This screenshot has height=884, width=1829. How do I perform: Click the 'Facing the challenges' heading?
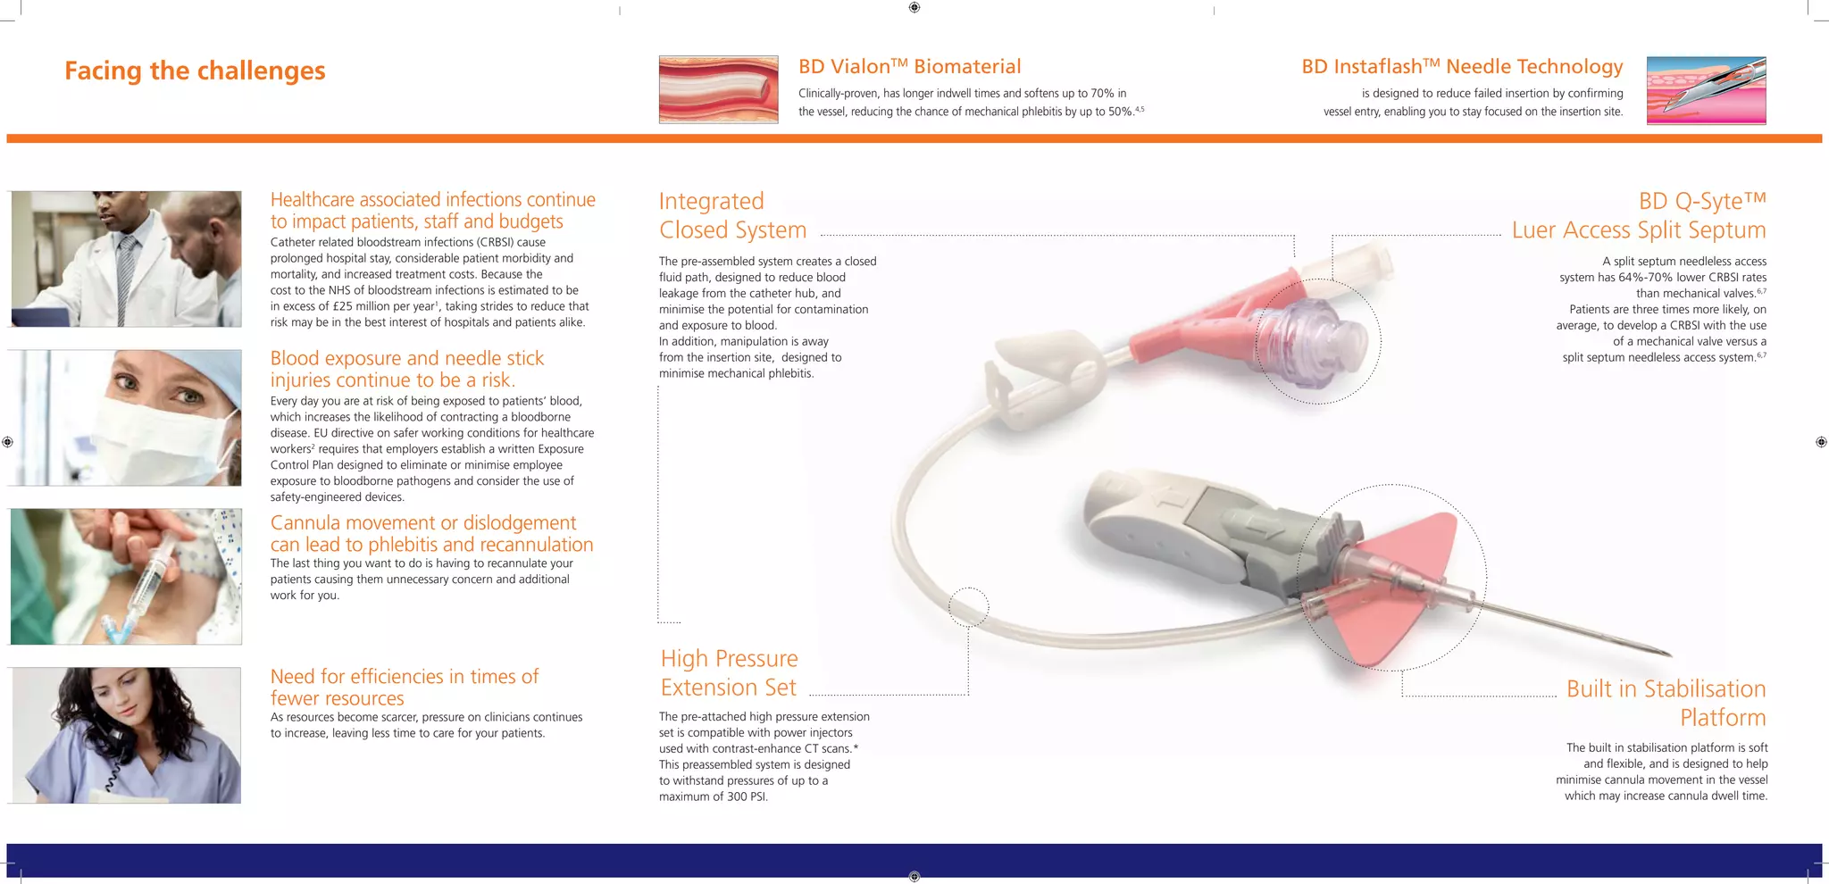click(195, 71)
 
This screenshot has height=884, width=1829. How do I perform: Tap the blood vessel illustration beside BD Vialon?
click(718, 89)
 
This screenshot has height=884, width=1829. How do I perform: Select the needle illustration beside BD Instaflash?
click(1706, 90)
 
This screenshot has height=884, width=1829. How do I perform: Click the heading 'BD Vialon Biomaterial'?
click(909, 67)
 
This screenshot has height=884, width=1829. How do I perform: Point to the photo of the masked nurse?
click(126, 418)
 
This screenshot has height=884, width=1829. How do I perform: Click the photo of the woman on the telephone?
click(126, 735)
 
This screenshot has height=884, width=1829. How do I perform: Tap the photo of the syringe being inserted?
click(126, 577)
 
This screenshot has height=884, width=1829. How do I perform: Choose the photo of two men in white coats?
click(126, 259)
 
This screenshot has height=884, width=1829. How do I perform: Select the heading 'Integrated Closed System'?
click(732, 215)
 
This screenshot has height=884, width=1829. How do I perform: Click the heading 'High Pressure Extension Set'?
click(729, 673)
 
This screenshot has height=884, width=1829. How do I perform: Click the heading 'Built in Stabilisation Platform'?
click(1666, 703)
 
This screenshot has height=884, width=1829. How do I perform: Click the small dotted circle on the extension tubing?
click(968, 608)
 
